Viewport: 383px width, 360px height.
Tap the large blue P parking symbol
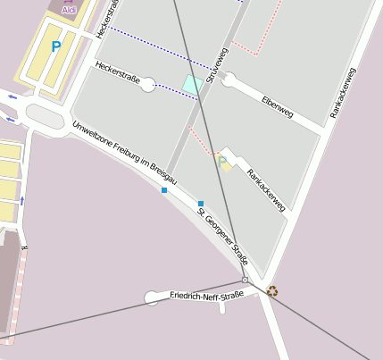click(56, 46)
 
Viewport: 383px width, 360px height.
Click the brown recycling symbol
click(273, 289)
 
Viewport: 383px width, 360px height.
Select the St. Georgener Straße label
click(222, 236)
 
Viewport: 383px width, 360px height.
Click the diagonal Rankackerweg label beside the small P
click(265, 190)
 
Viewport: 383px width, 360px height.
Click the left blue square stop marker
click(164, 189)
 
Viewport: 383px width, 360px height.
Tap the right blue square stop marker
click(201, 204)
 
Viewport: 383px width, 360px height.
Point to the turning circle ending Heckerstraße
click(148, 85)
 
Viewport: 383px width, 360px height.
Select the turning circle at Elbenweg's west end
click(229, 80)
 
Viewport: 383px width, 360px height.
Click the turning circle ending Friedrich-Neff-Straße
click(152, 298)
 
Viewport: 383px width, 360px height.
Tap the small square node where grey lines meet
click(245, 280)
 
